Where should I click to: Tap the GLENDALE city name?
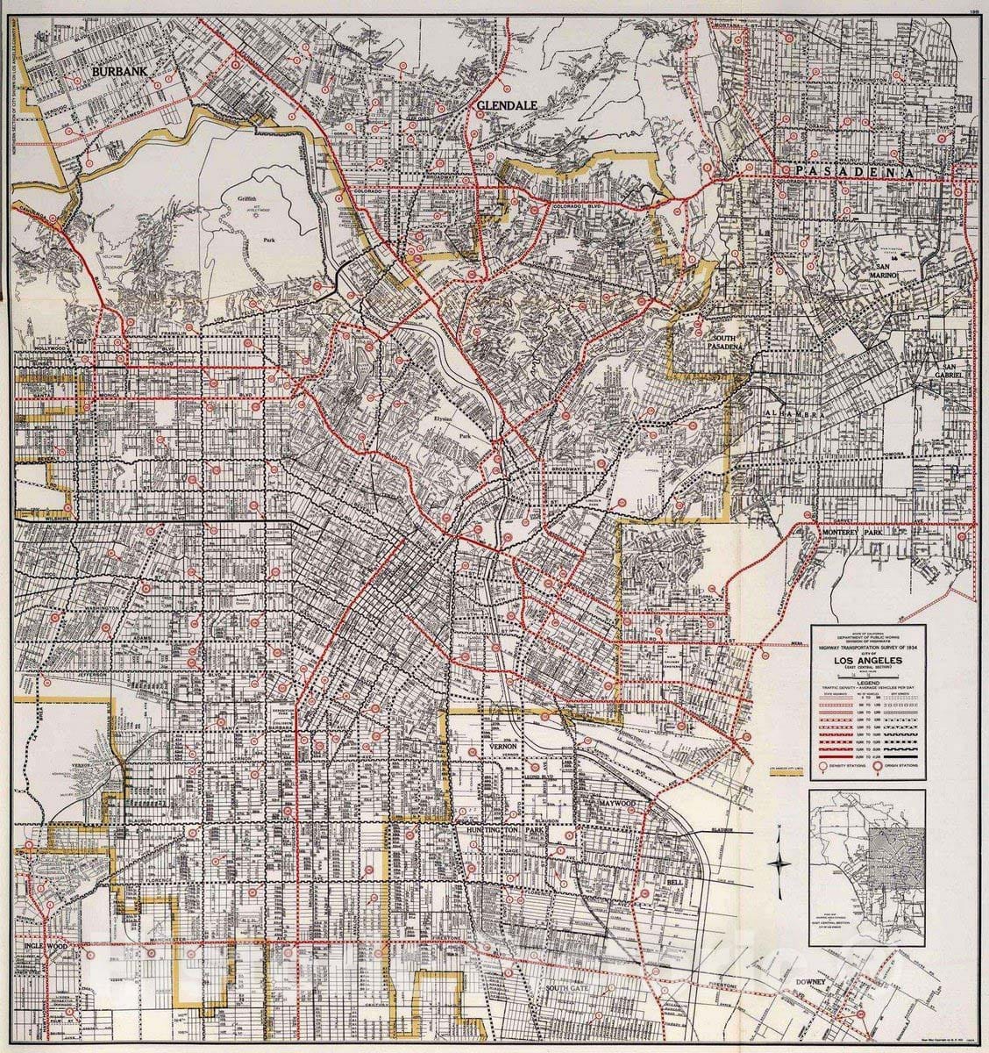[x=506, y=104]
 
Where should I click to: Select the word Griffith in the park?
[x=247, y=199]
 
